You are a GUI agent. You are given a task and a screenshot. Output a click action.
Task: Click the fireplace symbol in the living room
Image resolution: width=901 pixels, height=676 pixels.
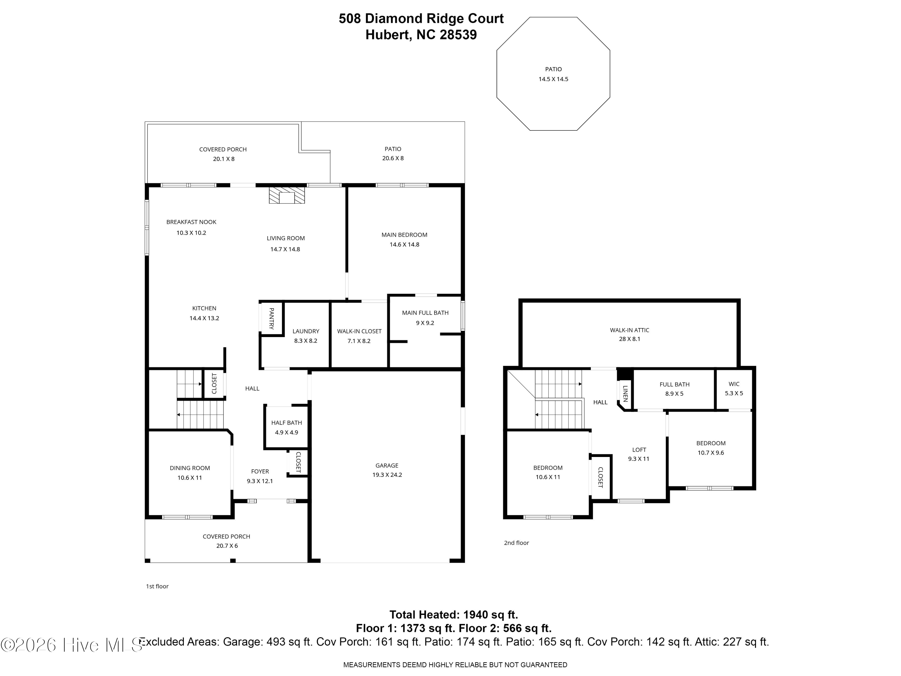[x=287, y=195]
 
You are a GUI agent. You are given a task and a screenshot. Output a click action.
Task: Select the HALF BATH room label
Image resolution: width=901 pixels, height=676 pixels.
[x=287, y=422]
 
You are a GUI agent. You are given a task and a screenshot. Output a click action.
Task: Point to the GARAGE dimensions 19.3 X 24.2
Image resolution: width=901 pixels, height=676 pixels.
[x=387, y=475]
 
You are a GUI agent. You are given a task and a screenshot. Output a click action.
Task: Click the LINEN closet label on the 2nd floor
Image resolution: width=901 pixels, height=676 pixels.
[x=625, y=394]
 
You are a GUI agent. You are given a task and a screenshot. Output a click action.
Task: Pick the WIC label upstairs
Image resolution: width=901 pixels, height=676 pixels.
[x=734, y=384]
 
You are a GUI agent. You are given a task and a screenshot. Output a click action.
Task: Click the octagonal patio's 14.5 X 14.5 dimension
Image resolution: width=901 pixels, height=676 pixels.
[x=553, y=79]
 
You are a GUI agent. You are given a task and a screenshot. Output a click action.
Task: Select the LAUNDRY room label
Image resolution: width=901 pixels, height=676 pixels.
[x=306, y=331]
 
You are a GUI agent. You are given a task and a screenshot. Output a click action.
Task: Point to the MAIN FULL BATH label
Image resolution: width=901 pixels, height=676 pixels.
[x=425, y=313]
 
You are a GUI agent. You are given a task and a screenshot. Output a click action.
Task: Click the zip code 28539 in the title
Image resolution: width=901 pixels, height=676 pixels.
[x=458, y=35]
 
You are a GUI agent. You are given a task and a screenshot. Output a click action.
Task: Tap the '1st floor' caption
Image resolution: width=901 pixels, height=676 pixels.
[x=157, y=586]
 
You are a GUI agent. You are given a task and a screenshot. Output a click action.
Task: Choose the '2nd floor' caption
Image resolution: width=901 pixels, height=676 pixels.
[x=517, y=543]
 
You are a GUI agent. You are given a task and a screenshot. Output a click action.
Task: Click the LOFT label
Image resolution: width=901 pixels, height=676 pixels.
[x=639, y=450]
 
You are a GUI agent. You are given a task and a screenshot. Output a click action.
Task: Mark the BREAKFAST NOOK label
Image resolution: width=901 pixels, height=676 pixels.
[x=191, y=222]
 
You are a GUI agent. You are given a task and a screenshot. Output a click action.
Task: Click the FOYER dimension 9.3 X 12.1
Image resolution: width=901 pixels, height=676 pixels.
[x=260, y=481]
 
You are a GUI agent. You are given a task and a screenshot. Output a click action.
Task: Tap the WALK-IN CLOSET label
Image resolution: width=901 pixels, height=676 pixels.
[x=359, y=331]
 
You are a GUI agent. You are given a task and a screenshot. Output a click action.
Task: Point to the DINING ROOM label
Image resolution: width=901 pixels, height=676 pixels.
[x=190, y=468]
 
